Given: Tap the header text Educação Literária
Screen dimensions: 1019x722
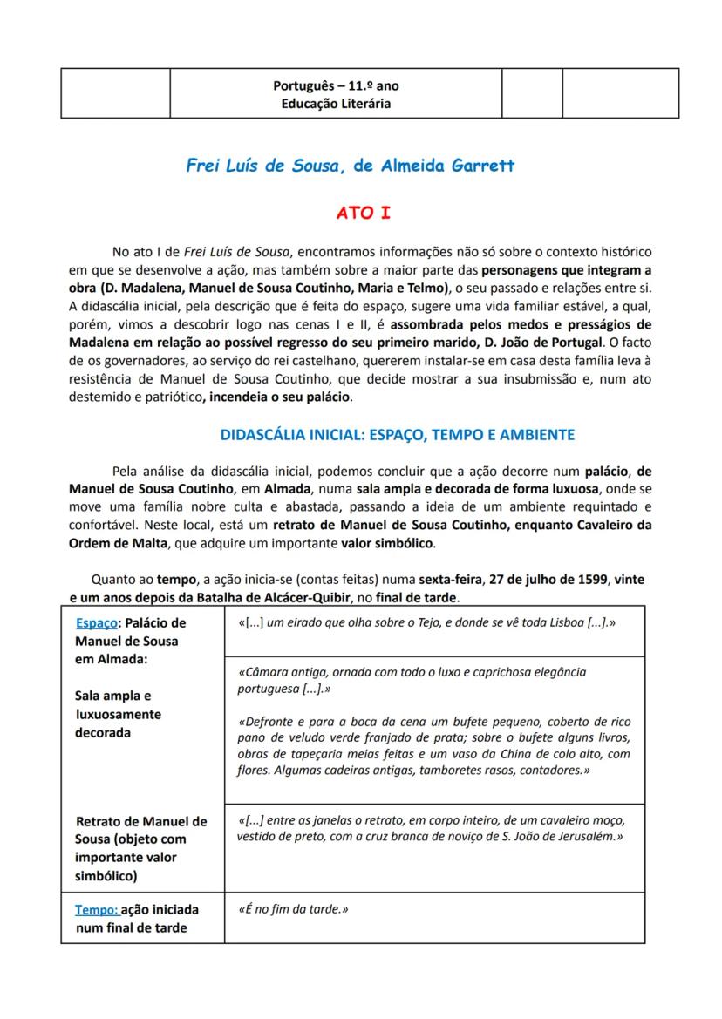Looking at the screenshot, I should pos(336,103).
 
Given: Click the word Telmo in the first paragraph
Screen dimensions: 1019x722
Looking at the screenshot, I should pos(429,288).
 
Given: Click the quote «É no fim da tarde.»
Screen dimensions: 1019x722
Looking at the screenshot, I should pos(293,909).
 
